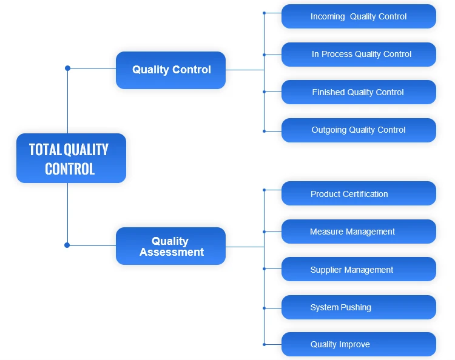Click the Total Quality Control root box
71,158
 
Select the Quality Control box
170,70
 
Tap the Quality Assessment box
170,246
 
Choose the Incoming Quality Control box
359,16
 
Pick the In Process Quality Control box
359,55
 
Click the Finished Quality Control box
359,92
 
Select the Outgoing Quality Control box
359,130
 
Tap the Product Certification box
359,194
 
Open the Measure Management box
359,232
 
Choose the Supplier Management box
359,270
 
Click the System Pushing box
359,307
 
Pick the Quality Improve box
359,344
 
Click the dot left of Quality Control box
67,68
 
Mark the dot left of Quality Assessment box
67,245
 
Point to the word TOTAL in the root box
45,150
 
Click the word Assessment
172,252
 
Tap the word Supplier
326,270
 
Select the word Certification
366,194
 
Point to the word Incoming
328,16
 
